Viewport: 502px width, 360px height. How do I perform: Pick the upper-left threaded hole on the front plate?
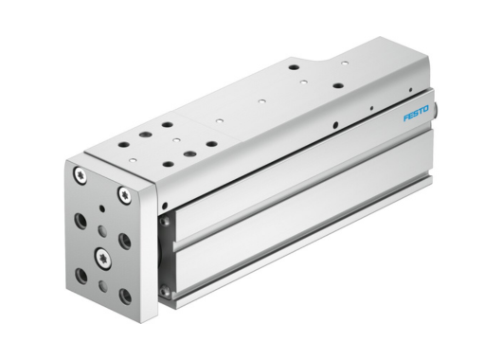[80, 220]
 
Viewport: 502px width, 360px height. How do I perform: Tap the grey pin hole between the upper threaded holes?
[101, 229]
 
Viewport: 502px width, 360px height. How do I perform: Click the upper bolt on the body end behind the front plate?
[167, 222]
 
